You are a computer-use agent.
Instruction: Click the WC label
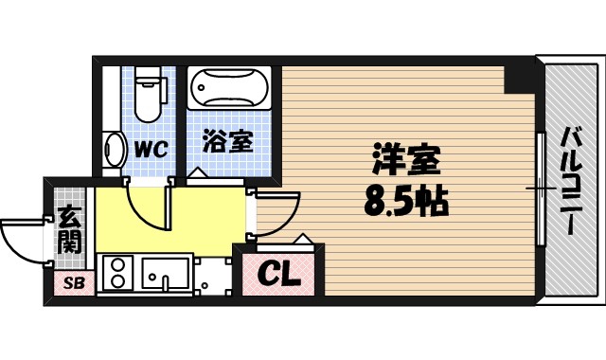tap(150, 148)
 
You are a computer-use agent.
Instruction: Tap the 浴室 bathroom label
tap(227, 142)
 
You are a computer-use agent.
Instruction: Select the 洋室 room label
tap(408, 162)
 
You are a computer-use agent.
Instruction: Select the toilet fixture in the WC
tap(148, 94)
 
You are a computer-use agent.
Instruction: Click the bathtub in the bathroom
tap(230, 91)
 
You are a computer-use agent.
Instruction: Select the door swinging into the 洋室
tap(276, 213)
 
